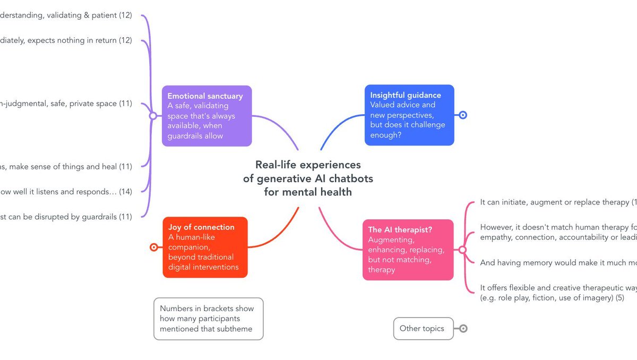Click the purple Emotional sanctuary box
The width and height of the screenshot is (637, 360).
206,116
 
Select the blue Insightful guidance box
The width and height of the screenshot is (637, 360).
409,115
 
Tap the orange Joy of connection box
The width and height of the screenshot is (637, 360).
205,247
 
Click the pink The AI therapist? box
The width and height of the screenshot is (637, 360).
408,250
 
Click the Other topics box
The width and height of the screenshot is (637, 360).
423,329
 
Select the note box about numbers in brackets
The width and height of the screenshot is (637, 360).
208,319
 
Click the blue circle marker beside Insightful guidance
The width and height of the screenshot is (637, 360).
462,115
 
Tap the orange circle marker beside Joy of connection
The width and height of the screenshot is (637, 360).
154,247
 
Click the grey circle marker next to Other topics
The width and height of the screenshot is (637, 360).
463,329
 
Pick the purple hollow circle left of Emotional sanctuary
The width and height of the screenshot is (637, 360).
153,115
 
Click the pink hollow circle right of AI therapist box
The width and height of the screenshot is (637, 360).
462,250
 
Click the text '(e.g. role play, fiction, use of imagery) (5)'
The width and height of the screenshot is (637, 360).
552,298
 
